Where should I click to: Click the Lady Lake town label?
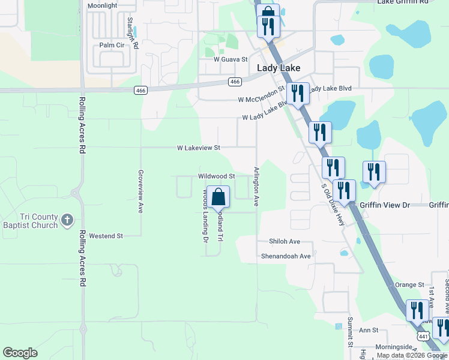point(279,68)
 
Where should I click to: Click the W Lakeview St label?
point(199,148)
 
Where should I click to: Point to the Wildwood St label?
point(216,176)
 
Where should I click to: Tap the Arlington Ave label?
point(256,187)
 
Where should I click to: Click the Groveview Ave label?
point(140,191)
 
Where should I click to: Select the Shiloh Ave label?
point(285,242)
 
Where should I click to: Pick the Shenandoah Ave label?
point(286,256)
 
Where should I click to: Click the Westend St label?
point(106,236)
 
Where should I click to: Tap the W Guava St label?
point(231,60)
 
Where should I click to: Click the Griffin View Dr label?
point(384,205)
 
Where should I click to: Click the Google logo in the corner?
point(20,353)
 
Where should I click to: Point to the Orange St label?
point(409,284)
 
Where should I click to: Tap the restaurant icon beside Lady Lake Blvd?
point(298,93)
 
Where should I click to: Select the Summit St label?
point(349,331)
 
